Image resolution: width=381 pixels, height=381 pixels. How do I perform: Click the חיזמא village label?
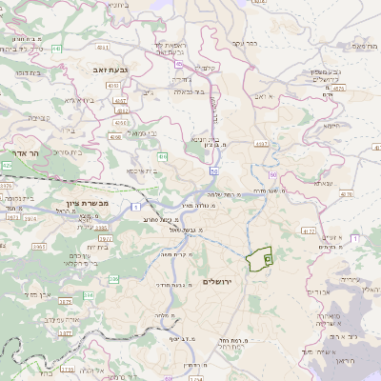click(331, 125)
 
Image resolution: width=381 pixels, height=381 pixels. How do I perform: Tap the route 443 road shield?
click(56, 48)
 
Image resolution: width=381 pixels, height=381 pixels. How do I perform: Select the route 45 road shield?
click(178, 64)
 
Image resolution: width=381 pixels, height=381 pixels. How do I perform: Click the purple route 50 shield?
click(215, 170)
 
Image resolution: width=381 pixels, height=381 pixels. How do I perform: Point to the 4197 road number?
click(261, 144)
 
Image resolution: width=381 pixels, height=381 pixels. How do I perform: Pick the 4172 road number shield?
click(307, 230)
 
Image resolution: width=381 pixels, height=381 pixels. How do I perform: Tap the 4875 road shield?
click(338, 88)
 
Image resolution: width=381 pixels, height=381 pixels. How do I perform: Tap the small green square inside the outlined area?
click(268, 258)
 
